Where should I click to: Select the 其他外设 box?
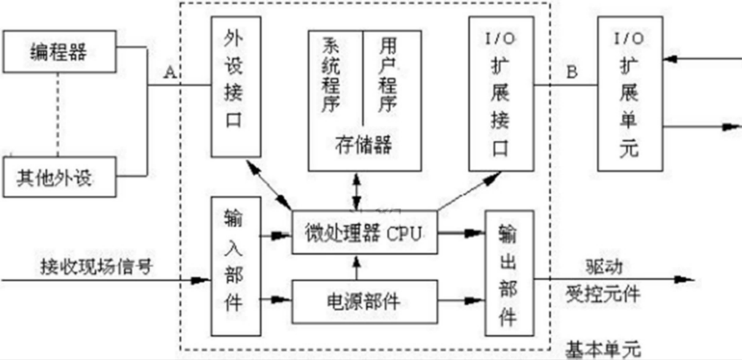[59, 176]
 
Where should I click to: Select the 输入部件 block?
[231, 267]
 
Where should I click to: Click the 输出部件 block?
[508, 273]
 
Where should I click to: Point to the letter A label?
[169, 72]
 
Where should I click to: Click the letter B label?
[572, 72]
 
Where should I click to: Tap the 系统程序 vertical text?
[334, 73]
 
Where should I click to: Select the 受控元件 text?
[603, 295]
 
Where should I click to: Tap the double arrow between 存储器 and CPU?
[356, 192]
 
